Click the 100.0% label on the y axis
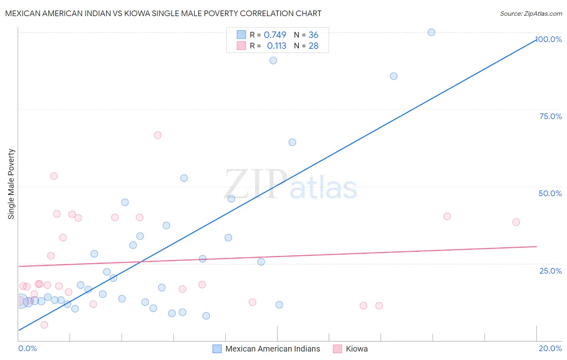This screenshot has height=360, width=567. coord(548,39)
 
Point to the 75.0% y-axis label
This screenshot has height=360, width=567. coord(550,116)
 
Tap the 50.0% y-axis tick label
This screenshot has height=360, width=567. coord(550,193)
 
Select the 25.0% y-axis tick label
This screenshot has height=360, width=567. coord(550,271)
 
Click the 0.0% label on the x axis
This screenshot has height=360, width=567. coord(27,348)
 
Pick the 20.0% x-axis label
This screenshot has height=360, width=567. coord(550,348)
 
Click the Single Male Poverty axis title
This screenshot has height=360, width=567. coord(11,184)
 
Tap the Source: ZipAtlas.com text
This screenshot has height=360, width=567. coord(531,14)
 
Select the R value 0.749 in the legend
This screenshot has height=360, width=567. coord(275,35)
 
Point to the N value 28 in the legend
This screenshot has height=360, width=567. coord(313,46)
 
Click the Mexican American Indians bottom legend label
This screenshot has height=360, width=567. coord(273,349)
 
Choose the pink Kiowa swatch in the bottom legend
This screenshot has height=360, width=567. coord(338,349)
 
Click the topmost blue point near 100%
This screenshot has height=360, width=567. coord(432,32)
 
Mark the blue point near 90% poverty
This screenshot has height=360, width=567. coord(273,61)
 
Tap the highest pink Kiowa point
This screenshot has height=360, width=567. coord(158,135)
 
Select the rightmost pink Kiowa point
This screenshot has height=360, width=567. coord(516,222)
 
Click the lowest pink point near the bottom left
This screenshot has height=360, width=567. coord(44,325)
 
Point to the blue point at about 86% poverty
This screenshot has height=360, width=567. coord(394,76)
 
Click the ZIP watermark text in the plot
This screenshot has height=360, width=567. coord(256,184)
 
